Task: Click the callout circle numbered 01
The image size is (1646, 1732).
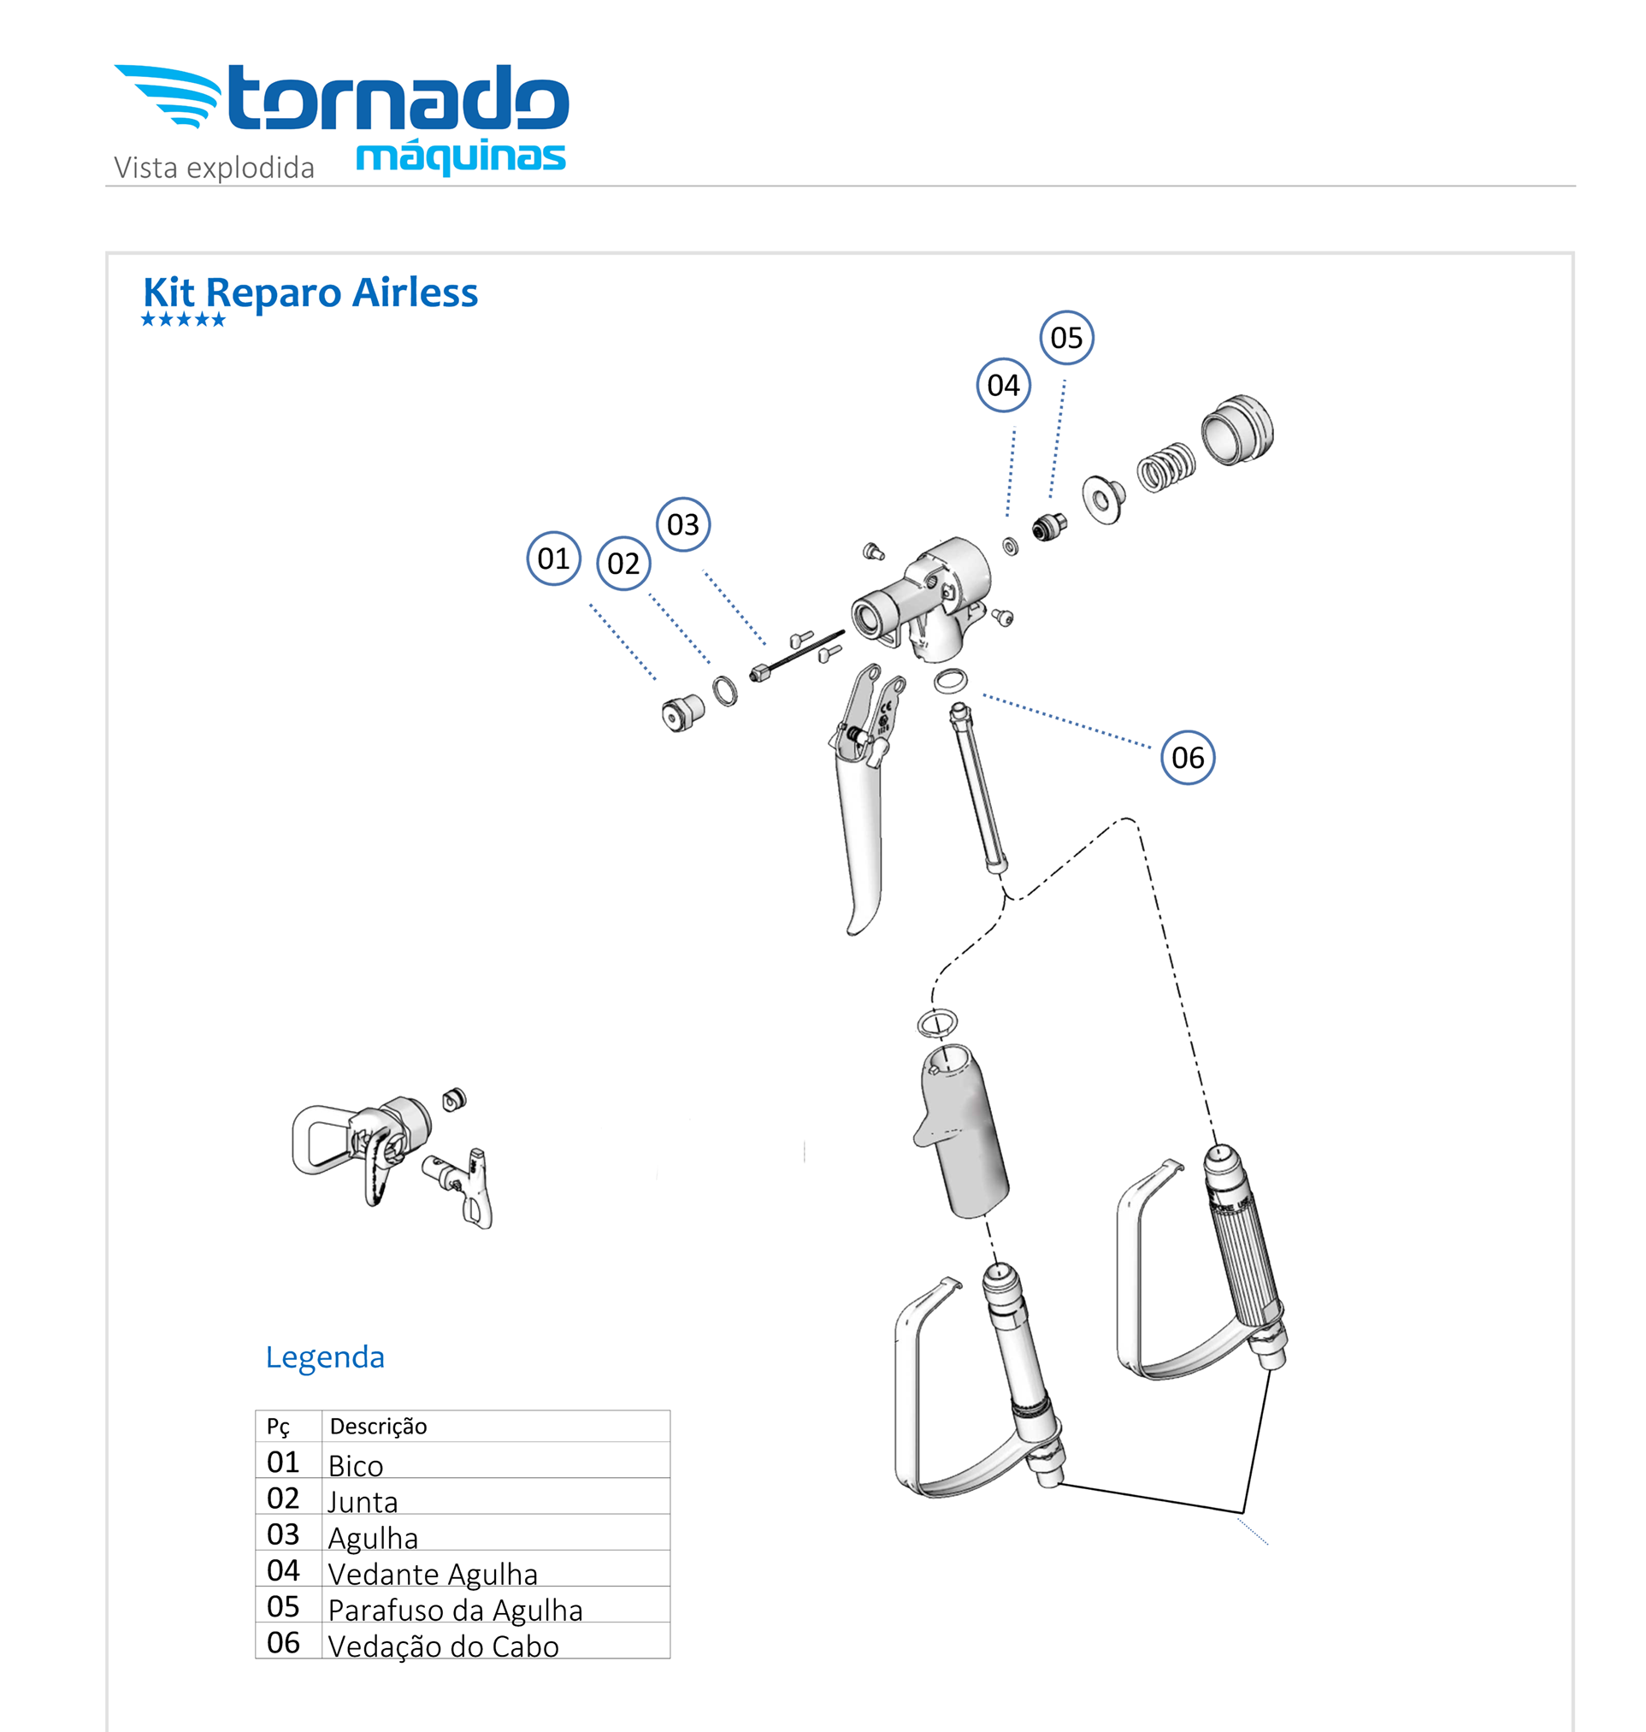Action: pos(552,559)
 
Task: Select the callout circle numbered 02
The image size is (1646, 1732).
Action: pos(623,564)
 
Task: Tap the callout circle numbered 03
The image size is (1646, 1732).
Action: pos(682,525)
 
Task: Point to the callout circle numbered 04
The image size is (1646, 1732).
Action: pos(1003,386)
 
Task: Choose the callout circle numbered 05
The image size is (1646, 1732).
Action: pos(1066,338)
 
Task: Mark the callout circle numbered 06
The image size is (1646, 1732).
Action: pos(1187,758)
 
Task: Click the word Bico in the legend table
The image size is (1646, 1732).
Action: pos(356,1466)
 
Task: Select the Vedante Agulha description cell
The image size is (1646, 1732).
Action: pos(433,1574)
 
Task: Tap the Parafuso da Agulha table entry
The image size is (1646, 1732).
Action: pos(455,1610)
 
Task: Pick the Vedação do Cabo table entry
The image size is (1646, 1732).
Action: pos(443,1646)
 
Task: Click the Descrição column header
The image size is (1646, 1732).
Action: pos(378,1427)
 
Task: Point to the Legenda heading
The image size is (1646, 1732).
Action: pos(325,1357)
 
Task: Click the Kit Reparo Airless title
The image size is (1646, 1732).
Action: pos(310,293)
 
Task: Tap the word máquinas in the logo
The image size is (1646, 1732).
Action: pos(461,157)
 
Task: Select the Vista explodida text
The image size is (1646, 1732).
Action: pos(214,168)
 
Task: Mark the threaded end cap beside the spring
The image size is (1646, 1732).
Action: pos(1237,429)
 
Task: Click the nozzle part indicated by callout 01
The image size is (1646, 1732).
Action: pos(681,712)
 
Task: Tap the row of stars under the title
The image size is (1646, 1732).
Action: pos(183,320)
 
